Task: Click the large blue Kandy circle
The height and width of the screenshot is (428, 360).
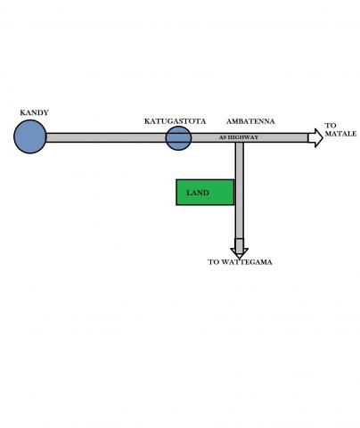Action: click(x=30, y=136)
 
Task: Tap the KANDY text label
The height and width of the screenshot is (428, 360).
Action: click(x=34, y=112)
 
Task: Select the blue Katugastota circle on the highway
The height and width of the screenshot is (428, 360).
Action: click(x=178, y=138)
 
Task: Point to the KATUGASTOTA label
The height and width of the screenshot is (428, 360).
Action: click(x=175, y=121)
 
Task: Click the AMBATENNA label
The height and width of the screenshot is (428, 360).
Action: click(x=250, y=121)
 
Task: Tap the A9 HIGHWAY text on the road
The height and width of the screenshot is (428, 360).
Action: click(x=239, y=137)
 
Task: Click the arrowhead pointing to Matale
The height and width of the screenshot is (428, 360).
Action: click(x=315, y=138)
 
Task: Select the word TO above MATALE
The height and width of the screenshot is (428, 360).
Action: click(x=330, y=126)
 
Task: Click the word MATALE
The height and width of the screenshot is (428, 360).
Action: click(x=340, y=134)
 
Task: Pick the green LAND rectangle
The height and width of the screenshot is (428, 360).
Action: click(x=205, y=193)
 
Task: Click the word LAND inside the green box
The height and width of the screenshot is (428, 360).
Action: click(x=198, y=193)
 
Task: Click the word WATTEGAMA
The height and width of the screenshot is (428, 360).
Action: click(x=247, y=262)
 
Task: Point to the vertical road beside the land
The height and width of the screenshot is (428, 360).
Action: click(x=240, y=190)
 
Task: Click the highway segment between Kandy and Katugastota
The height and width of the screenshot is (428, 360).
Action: click(x=106, y=137)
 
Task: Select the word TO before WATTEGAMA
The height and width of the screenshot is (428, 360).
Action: click(x=214, y=262)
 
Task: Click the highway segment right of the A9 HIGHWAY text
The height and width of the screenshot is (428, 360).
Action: click(x=283, y=137)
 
